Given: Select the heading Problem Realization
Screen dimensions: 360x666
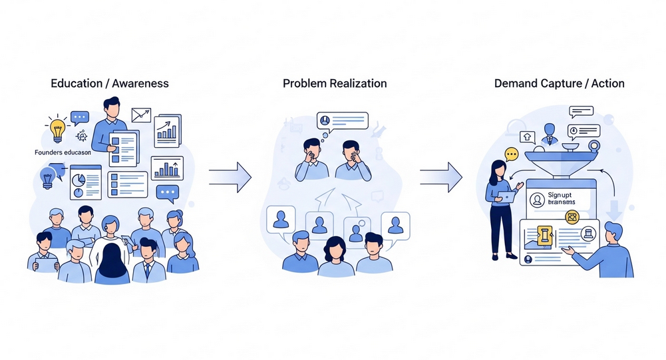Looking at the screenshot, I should pos(335,84).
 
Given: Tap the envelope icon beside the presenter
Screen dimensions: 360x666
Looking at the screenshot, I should pos(141,116).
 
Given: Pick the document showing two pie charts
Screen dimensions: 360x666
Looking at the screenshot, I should pos(85,181).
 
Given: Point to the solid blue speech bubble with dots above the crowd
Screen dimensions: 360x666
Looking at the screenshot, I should pos(168,194).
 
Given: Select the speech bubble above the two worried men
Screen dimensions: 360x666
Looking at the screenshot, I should pos(342,121).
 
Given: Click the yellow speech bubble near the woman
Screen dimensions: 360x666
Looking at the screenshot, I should pos(511,154).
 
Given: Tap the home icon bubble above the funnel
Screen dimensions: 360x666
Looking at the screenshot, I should pos(526,136).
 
